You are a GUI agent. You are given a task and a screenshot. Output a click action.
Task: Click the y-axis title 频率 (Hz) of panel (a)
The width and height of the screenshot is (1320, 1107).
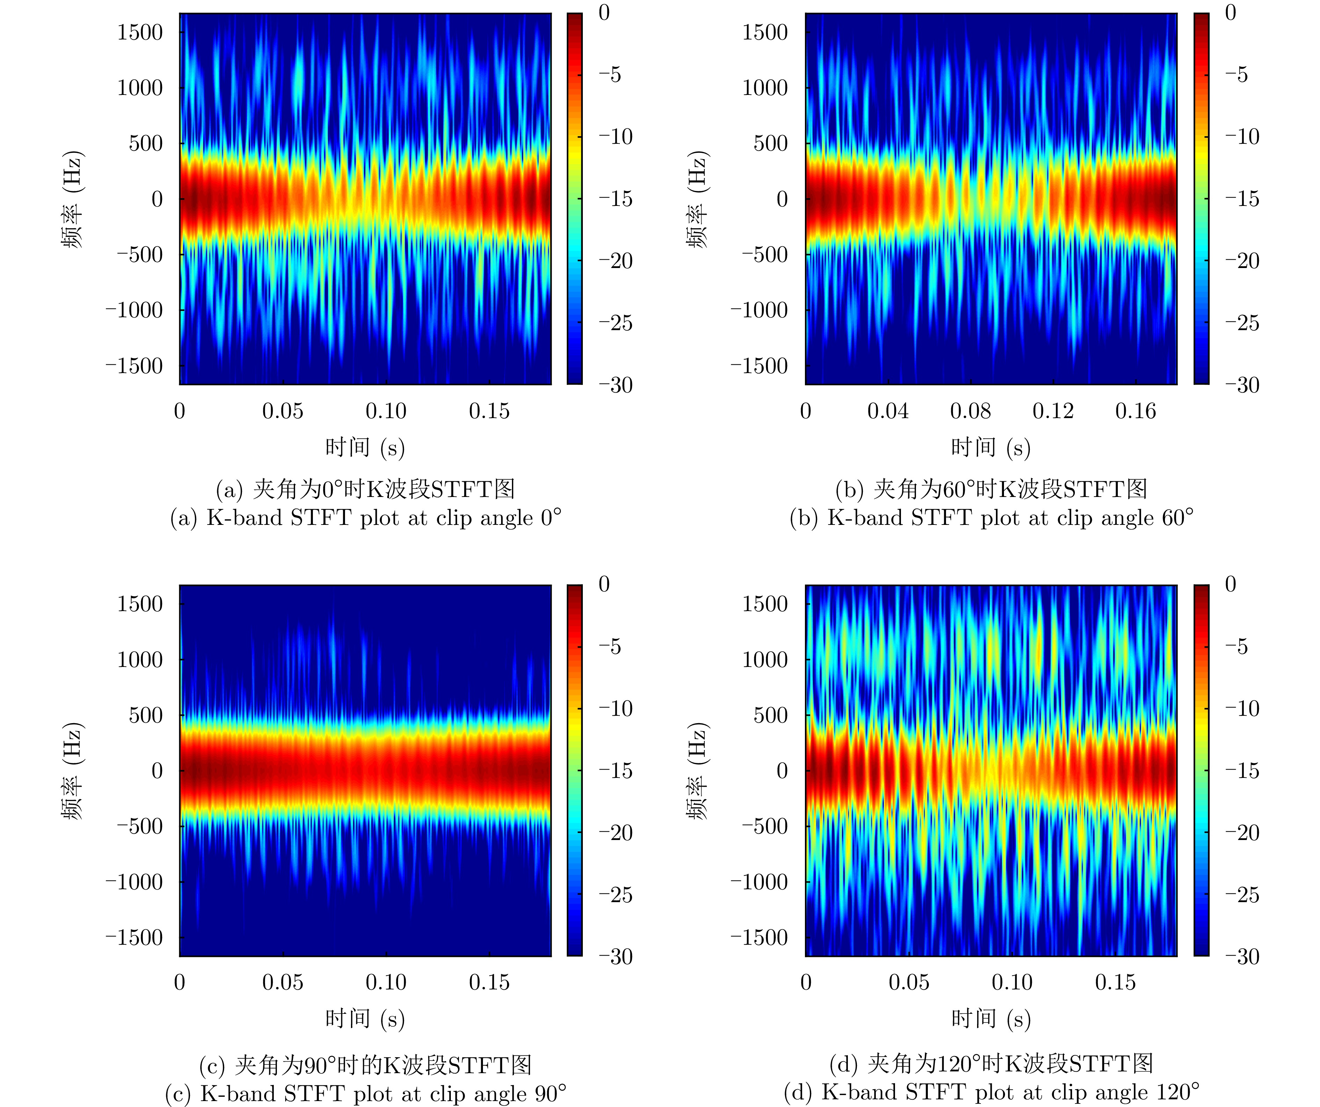click(x=72, y=199)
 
